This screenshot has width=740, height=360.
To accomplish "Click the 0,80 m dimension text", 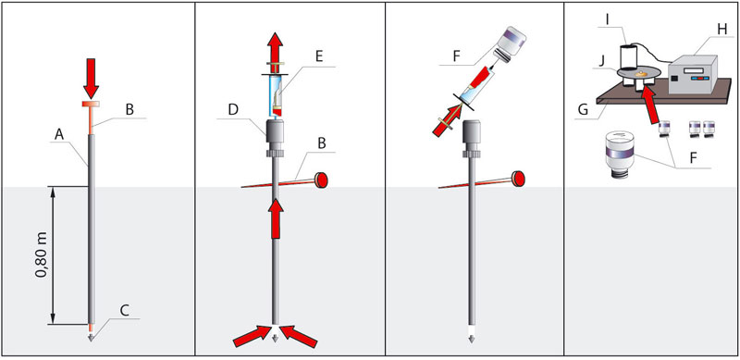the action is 43,255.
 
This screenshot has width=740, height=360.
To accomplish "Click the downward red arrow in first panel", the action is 91,78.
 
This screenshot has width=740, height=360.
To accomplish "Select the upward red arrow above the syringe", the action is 275,47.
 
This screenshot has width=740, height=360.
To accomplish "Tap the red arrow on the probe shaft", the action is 276,218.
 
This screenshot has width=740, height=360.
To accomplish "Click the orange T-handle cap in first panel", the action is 91,104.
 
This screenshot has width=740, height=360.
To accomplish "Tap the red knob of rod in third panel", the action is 519,179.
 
